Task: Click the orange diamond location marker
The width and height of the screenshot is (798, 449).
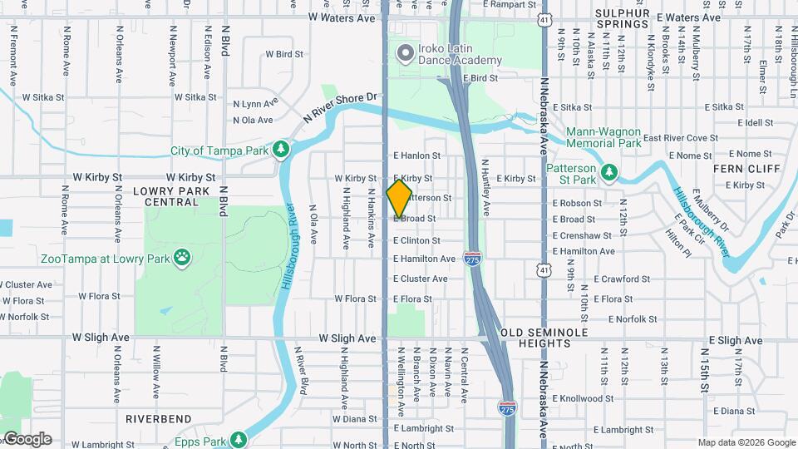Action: pos(400,198)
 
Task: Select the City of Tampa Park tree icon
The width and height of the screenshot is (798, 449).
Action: pos(283,148)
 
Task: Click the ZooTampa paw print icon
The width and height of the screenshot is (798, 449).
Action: pos(181,259)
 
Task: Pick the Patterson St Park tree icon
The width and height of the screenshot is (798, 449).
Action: pos(611,171)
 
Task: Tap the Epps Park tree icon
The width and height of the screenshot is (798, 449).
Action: pos(239,438)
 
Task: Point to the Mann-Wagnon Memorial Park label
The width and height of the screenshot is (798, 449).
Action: pos(603,137)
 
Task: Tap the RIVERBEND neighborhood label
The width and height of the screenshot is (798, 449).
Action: pos(158,419)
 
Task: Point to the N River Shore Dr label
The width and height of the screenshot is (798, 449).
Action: pos(341,109)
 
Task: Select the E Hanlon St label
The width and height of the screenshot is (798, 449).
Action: pos(416,155)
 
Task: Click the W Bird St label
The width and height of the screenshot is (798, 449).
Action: pos(284,54)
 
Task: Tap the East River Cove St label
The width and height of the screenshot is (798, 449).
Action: pos(680,138)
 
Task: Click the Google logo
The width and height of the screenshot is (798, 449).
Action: pos(27,439)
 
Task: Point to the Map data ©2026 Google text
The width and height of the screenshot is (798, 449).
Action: pos(746,442)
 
